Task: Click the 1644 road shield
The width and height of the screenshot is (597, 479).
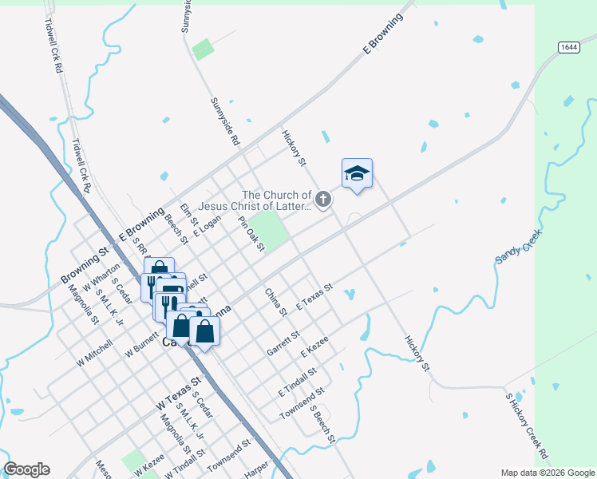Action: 568,47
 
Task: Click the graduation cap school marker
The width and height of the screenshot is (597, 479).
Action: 357,173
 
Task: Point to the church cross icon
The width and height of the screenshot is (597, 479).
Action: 322,199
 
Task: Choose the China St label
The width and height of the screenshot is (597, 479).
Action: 275,303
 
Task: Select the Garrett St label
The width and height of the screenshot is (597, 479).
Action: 283,344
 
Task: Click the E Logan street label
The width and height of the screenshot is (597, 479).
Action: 206,226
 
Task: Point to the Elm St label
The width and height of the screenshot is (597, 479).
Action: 188,215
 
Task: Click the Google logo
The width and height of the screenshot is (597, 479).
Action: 26,469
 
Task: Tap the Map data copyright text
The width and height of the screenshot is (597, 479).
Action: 548,473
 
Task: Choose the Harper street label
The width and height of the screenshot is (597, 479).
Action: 256,473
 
